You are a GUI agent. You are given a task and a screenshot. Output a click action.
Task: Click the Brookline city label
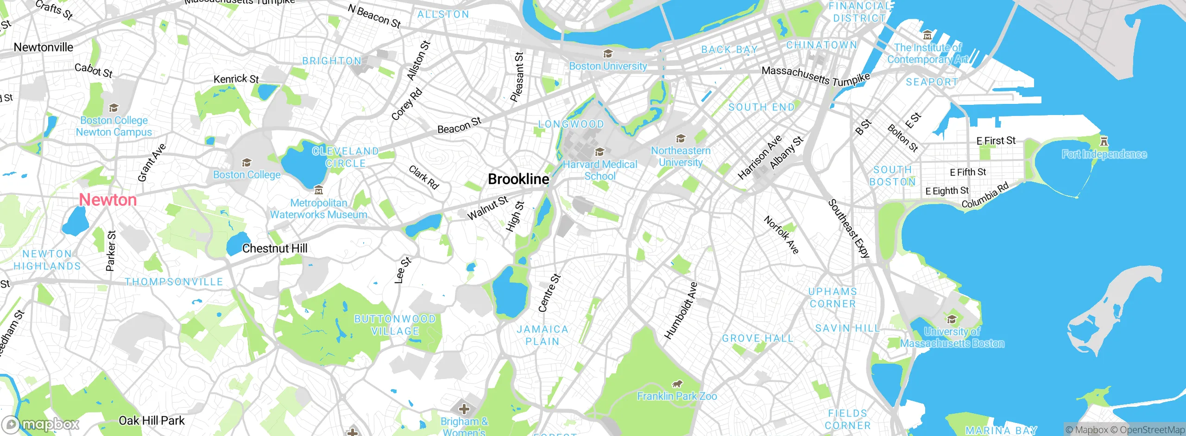(518, 179)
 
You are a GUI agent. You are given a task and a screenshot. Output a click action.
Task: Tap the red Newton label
(107, 200)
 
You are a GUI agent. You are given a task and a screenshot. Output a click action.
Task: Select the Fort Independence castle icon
(1104, 141)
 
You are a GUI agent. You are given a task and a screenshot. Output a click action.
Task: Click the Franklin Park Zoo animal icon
(677, 384)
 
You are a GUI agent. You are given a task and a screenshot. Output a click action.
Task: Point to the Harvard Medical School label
(600, 170)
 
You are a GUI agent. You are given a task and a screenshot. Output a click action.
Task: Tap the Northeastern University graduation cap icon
(681, 138)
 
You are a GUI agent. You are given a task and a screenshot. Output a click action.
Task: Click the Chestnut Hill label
(275, 249)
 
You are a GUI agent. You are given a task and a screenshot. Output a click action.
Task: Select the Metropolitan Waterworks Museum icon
(318, 190)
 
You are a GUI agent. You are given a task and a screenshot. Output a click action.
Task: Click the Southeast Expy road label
(848, 228)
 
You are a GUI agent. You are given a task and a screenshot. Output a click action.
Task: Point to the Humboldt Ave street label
(681, 310)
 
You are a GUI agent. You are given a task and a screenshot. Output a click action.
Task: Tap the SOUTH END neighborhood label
(761, 107)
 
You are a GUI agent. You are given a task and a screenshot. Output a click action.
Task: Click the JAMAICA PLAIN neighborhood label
(543, 335)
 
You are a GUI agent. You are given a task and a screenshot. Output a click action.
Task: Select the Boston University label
(608, 66)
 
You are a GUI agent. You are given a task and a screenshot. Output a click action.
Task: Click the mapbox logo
(41, 424)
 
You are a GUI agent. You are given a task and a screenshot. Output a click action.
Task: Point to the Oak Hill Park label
(151, 421)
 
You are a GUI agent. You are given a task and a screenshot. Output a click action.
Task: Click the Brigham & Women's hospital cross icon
(464, 409)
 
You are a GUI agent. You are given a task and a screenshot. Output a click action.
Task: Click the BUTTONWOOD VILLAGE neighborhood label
(395, 325)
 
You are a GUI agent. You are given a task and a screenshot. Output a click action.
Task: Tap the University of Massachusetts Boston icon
(952, 319)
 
